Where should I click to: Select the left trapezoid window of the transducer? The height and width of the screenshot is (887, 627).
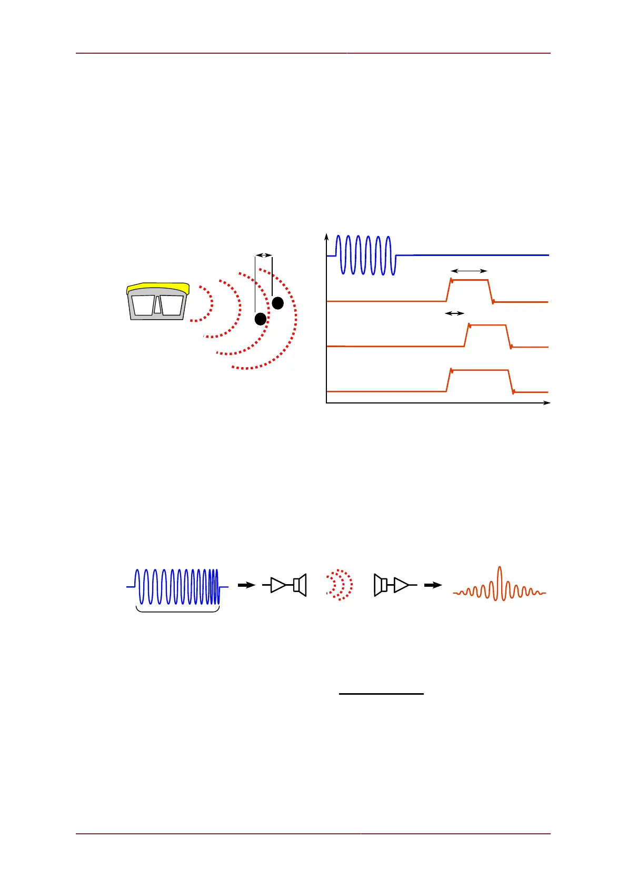click(143, 306)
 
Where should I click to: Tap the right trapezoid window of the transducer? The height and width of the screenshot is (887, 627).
click(172, 305)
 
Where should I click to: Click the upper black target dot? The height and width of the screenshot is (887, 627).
click(277, 303)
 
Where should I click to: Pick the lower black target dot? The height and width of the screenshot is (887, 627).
click(260, 319)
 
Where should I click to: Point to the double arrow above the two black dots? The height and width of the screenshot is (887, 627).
click(263, 255)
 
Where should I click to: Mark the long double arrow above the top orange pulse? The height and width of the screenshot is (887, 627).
click(470, 271)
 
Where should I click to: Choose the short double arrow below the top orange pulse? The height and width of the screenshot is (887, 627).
click(455, 313)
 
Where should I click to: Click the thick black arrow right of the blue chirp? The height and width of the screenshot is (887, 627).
click(246, 585)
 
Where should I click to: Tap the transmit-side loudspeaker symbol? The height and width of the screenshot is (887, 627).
click(300, 585)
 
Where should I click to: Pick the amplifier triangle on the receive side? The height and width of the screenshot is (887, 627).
click(401, 585)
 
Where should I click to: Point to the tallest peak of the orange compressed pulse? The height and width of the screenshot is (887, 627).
click(500, 570)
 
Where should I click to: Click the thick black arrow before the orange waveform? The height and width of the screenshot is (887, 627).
click(433, 585)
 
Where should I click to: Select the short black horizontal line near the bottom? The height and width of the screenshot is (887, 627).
click(381, 694)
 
